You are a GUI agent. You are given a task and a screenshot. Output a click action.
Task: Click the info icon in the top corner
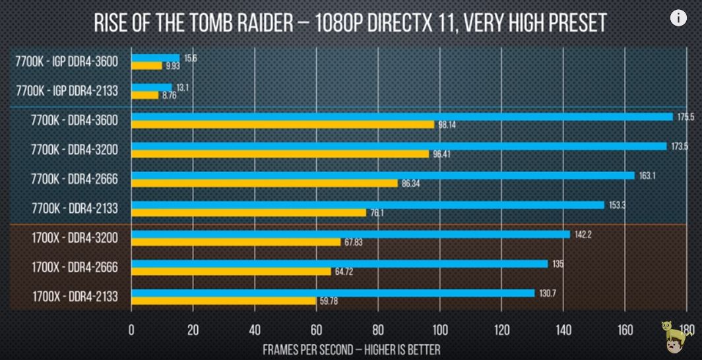tap(678, 18)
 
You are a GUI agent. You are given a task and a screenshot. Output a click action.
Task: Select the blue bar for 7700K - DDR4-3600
tap(402, 117)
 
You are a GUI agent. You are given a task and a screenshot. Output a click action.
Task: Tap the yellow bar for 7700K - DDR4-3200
tap(280, 154)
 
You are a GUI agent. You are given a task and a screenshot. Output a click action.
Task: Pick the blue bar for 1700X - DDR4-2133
tap(333, 293)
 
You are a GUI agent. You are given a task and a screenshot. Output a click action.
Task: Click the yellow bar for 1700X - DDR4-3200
tap(236, 242)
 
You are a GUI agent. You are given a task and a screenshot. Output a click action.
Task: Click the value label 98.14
tap(447, 125)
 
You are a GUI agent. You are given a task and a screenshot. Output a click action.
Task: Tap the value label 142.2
tap(584, 234)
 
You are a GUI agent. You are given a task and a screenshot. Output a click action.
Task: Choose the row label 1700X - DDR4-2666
tap(75, 268)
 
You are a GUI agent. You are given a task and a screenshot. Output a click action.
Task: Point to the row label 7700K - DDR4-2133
tap(74, 209)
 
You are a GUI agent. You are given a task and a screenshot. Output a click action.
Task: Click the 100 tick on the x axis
tap(439, 329)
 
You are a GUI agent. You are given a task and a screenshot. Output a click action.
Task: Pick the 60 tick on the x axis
tap(317, 329)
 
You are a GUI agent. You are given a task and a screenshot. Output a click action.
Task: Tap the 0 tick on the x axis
tap(131, 329)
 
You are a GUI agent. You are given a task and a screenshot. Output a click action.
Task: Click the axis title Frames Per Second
tap(351, 349)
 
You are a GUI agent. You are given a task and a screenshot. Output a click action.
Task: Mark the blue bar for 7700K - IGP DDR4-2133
tap(152, 87)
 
